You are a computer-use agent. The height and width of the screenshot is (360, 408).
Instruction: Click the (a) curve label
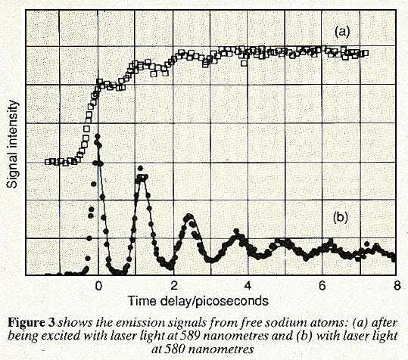click(x=342, y=31)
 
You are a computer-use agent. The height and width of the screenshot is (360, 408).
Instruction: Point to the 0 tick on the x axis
click(x=98, y=285)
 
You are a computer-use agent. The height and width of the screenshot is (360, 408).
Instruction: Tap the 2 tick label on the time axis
click(x=173, y=285)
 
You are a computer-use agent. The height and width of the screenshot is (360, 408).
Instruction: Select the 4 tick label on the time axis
click(x=247, y=285)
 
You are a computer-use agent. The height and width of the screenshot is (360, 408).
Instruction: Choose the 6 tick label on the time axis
click(x=322, y=285)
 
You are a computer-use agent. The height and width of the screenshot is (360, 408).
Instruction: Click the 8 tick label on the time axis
click(x=395, y=285)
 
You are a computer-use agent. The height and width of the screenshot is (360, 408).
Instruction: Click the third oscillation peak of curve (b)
click(x=188, y=219)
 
